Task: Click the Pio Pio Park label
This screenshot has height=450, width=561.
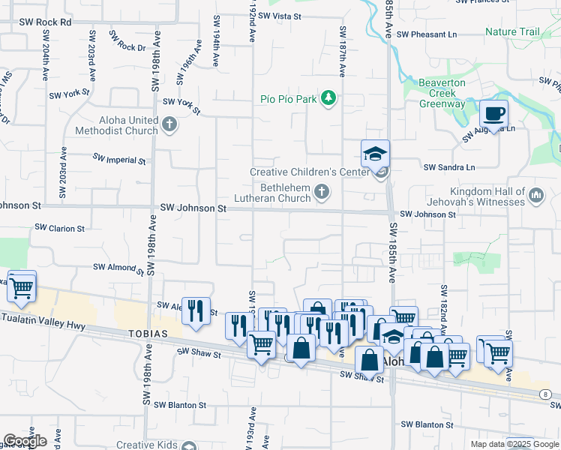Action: [x=289, y=98]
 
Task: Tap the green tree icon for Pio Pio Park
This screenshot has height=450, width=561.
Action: [x=328, y=98]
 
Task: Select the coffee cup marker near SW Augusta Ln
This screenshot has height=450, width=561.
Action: [x=493, y=114]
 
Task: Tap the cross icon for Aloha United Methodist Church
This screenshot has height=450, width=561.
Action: [x=169, y=124]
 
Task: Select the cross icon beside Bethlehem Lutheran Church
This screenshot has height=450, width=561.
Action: [x=322, y=193]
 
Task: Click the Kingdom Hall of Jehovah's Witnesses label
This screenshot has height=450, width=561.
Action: [x=485, y=196]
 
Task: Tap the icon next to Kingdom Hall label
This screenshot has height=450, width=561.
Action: [x=535, y=196]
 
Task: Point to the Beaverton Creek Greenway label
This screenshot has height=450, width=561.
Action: [x=442, y=93]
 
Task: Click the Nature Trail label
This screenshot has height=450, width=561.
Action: [x=512, y=32]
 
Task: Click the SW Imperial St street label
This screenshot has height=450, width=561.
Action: [x=119, y=159]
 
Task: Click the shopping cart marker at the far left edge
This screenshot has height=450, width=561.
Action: [x=22, y=285]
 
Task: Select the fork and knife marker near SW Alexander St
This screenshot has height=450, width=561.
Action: [x=196, y=310]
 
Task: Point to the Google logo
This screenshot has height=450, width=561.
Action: [x=25, y=441]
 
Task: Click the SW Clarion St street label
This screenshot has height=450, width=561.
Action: [x=60, y=228]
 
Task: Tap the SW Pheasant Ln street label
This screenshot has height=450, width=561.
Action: [x=427, y=34]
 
